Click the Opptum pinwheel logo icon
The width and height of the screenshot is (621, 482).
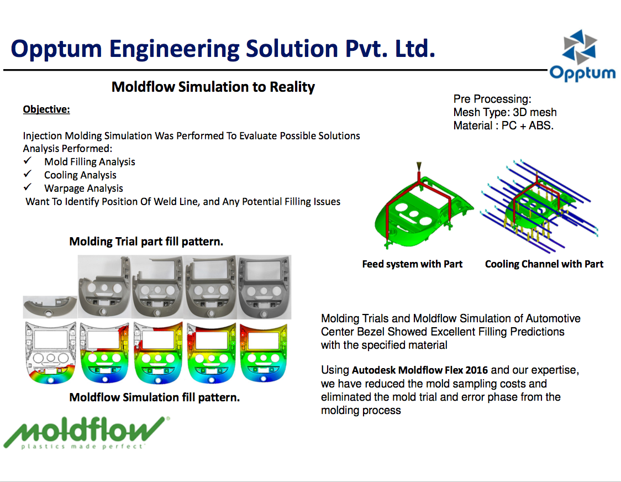[579, 47]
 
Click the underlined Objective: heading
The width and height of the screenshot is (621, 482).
[46, 109]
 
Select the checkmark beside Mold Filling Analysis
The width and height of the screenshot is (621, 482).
[27, 160]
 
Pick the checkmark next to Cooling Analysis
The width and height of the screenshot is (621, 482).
[27, 174]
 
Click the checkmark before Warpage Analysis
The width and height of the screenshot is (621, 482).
[27, 187]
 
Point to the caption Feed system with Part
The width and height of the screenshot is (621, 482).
[412, 264]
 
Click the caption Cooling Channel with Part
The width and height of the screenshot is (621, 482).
[544, 264]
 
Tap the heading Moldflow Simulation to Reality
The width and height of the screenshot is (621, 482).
[213, 87]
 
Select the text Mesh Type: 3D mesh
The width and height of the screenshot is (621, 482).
[505, 112]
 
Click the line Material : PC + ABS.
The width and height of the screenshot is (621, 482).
[503, 125]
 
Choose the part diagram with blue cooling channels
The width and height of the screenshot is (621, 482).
[539, 206]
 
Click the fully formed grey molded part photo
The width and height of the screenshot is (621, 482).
[264, 287]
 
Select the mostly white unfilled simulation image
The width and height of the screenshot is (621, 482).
[50, 353]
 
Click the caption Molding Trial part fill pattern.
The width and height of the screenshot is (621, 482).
[146, 242]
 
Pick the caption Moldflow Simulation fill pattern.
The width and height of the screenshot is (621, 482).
[155, 397]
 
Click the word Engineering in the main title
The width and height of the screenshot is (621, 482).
[173, 49]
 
